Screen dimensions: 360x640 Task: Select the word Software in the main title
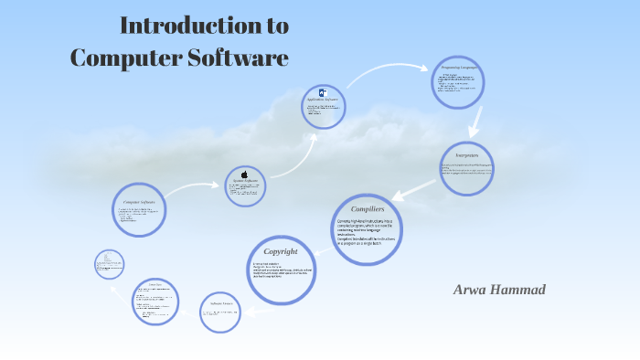point(240,58)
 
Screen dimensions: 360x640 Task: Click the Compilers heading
point(367,210)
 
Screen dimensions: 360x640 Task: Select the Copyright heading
point(281,252)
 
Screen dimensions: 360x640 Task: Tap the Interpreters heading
point(467,156)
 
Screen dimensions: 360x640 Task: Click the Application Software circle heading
point(325,100)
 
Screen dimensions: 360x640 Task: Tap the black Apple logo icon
point(245,174)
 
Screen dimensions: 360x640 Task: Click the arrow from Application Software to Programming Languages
point(388,69)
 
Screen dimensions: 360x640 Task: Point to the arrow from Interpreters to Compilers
point(415,187)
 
